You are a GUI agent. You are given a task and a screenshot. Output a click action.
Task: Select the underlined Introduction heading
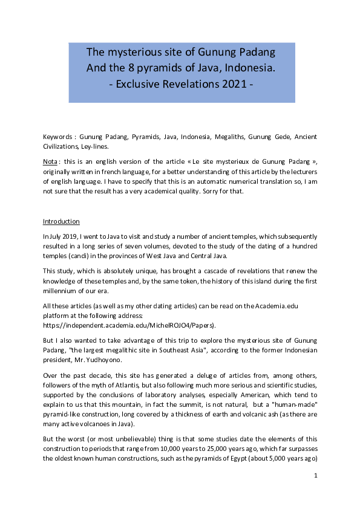pos(61,222)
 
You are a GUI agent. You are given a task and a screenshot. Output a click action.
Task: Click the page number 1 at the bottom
pos(316,476)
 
